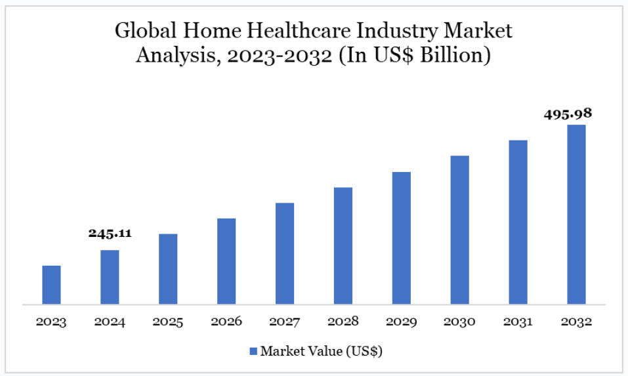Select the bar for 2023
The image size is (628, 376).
(51, 285)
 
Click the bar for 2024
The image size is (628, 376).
(110, 277)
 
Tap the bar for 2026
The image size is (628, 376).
(226, 261)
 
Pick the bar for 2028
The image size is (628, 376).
(343, 246)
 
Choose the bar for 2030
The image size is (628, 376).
(460, 230)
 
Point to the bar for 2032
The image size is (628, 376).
(576, 215)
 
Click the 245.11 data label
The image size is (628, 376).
(110, 233)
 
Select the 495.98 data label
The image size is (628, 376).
(568, 114)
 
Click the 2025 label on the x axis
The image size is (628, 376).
(168, 322)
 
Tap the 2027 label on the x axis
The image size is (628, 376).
(284, 322)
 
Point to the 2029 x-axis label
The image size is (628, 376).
(402, 322)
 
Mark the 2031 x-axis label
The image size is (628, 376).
(518, 322)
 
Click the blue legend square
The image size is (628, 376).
(253, 351)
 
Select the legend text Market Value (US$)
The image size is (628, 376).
(321, 351)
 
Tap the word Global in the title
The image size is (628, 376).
(146, 30)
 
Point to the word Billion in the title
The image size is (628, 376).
(455, 55)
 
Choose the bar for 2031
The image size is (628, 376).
(518, 222)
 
